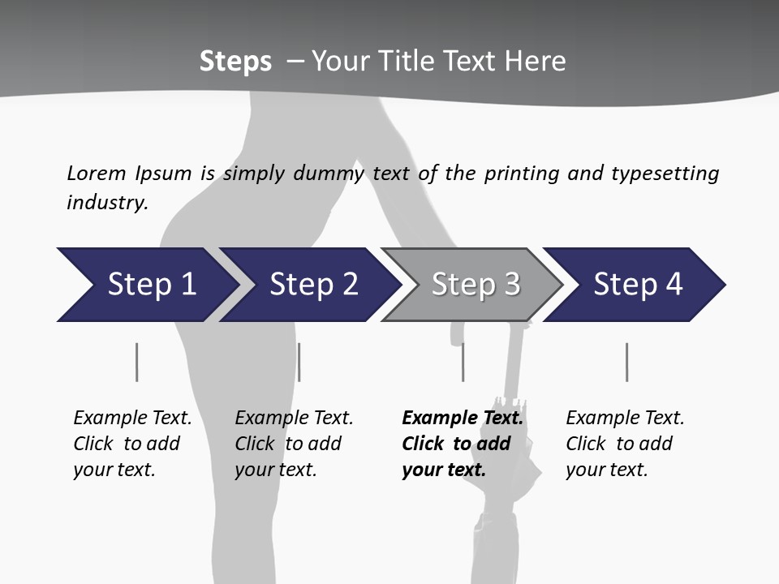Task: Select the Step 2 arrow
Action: pos(312,285)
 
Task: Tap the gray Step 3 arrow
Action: pos(475,285)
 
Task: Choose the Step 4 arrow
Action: pos(637,285)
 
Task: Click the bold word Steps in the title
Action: pos(235,62)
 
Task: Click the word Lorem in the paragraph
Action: pos(97,173)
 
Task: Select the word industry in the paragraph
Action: pos(107,202)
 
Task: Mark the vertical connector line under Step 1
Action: pos(137,362)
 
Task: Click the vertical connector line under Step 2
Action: pos(299,362)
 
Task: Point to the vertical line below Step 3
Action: pos(463,362)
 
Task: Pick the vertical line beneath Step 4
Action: pos(626,362)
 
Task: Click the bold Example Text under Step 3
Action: pos(463,418)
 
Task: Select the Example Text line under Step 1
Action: pos(132,418)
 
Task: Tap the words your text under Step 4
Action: pos(607,470)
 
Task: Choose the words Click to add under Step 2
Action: pos(288,444)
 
